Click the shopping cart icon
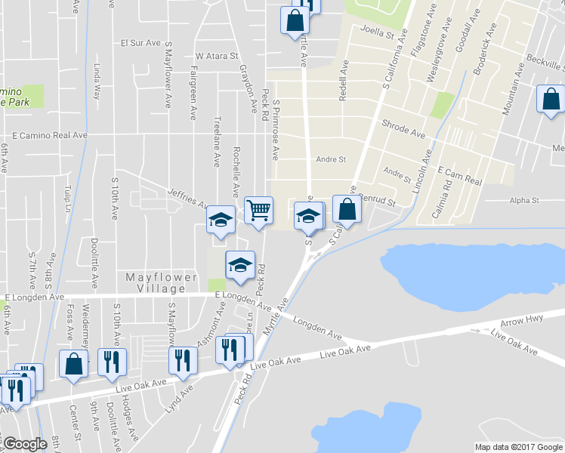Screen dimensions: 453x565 point(258,209)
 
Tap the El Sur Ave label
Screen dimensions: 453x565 point(153,42)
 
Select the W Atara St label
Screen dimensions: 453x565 point(217,56)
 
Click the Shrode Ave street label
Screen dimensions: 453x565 point(403,127)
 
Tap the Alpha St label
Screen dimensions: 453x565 point(524,201)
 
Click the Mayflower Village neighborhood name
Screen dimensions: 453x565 point(156,282)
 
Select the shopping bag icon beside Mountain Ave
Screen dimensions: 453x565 point(551,99)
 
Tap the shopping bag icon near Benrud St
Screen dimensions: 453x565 point(346,209)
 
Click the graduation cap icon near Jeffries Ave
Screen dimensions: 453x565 point(221,220)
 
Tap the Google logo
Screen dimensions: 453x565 point(25,444)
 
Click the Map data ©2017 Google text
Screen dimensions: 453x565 point(518,447)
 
